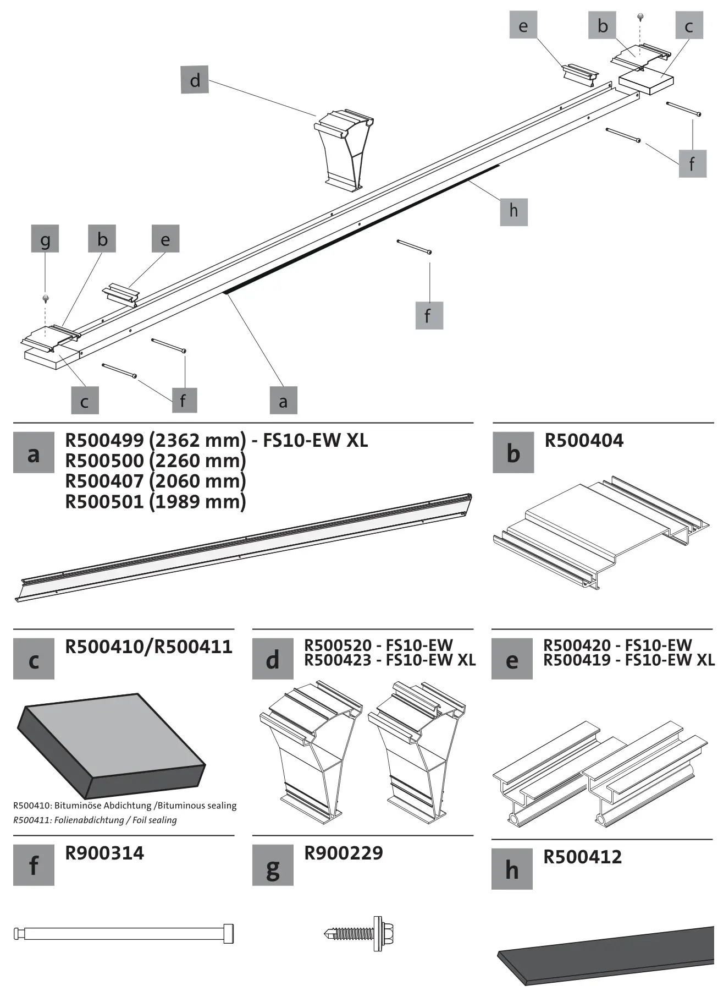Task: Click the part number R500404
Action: click(x=583, y=441)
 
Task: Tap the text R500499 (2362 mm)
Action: click(x=155, y=440)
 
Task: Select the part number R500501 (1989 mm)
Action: click(x=155, y=502)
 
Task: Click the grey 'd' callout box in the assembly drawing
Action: click(x=195, y=79)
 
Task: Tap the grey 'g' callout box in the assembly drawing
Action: click(x=45, y=239)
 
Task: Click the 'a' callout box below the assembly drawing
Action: click(x=283, y=400)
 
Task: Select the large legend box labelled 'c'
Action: click(x=34, y=659)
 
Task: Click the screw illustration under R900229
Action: click(x=360, y=933)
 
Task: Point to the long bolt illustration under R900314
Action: click(x=124, y=933)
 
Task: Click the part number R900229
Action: click(x=343, y=853)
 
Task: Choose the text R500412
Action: click(x=582, y=857)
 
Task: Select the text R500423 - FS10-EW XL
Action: click(x=389, y=660)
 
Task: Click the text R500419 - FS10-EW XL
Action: click(x=628, y=660)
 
